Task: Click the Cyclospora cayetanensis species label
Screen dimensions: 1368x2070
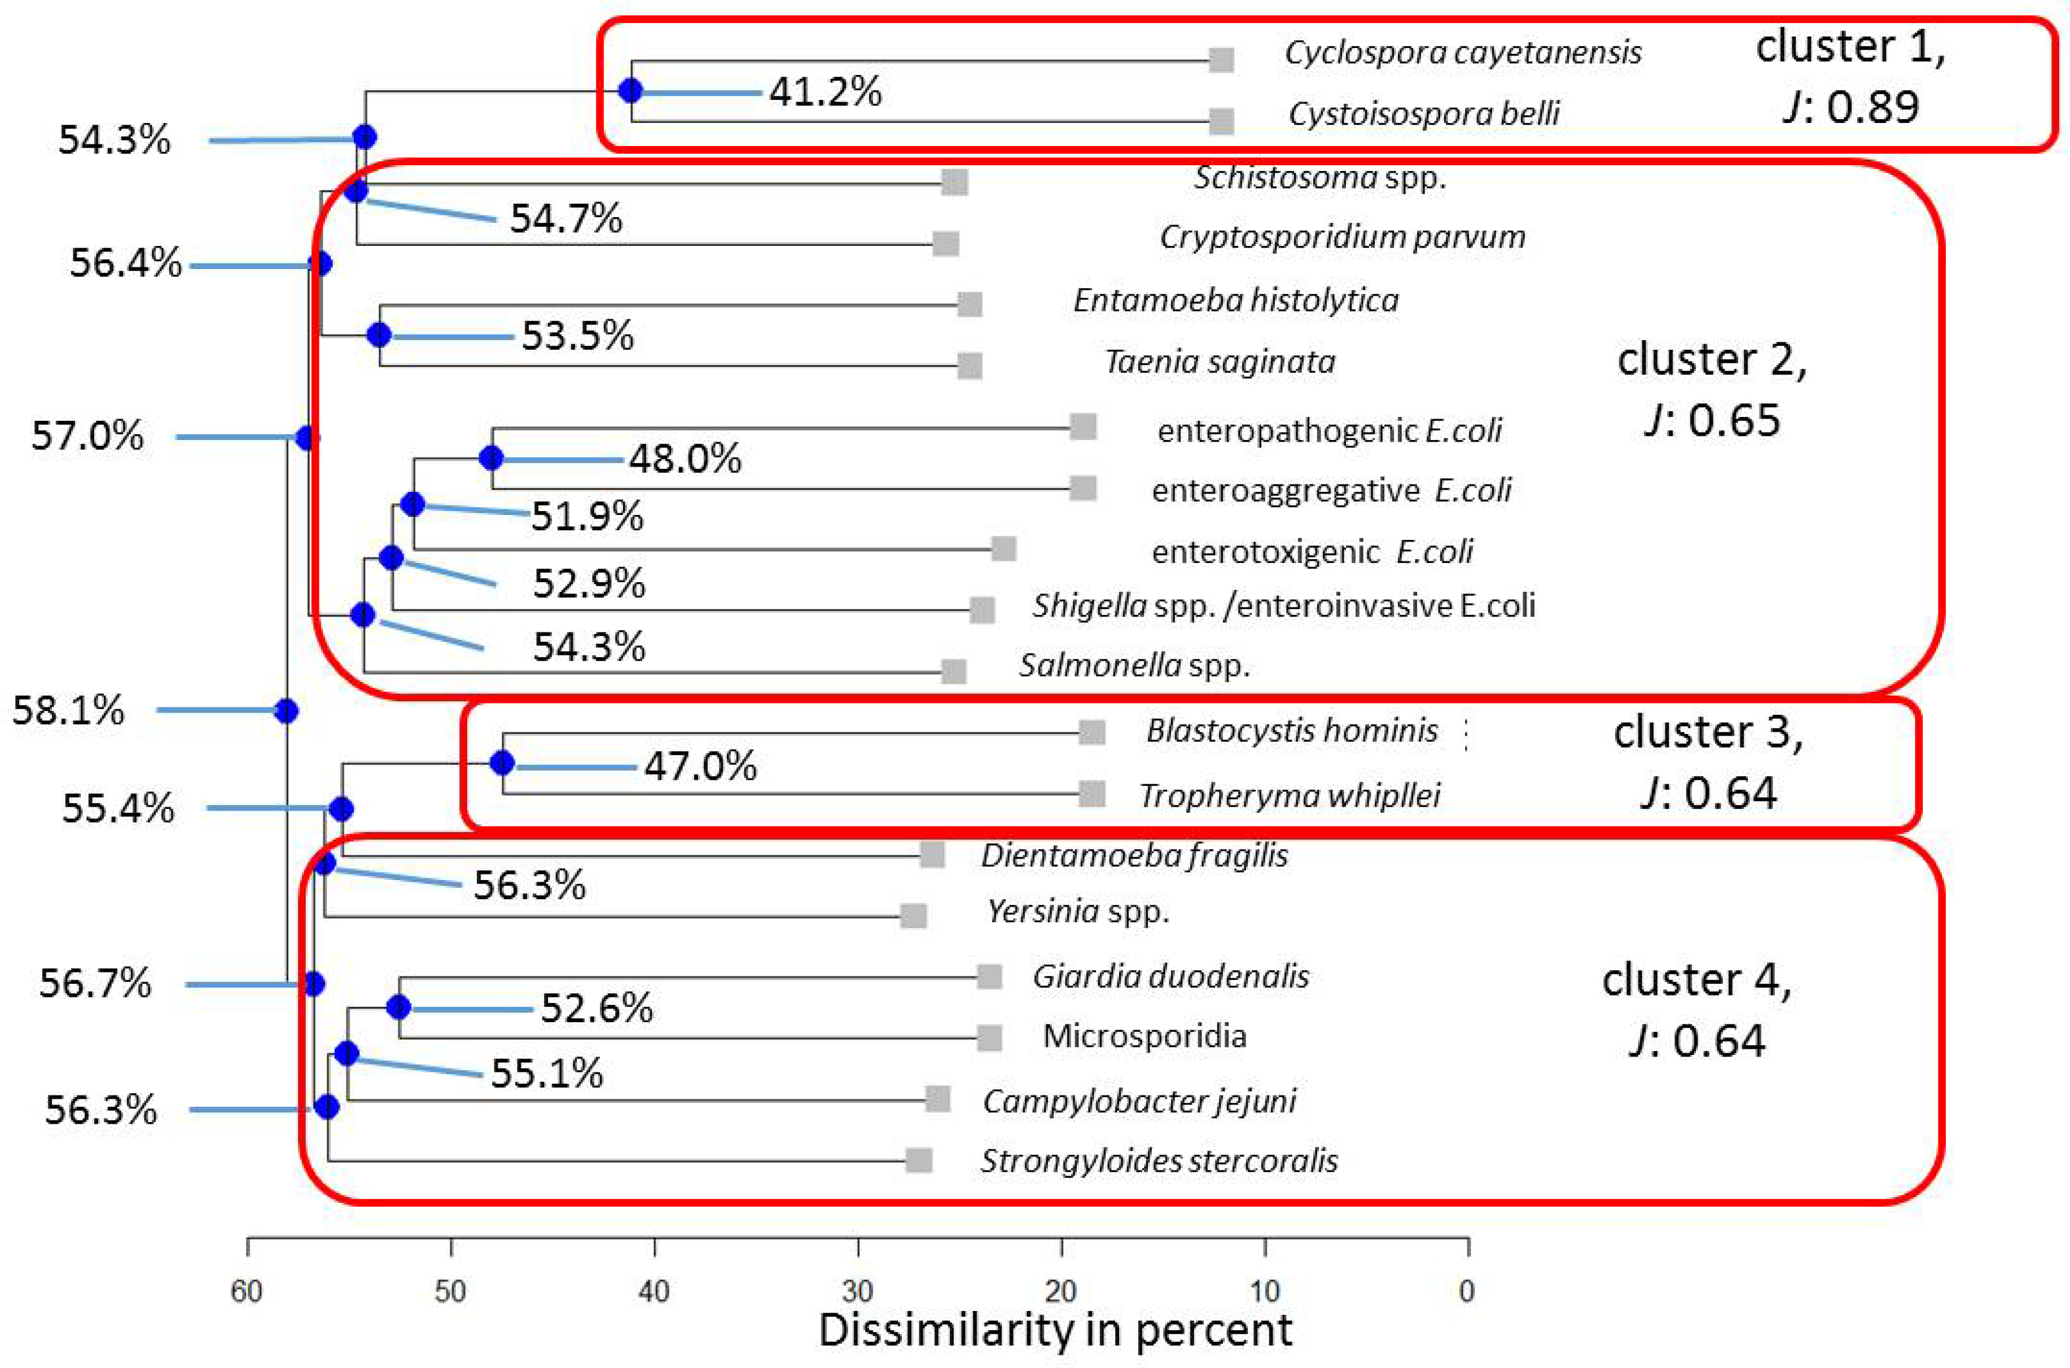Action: pyautogui.click(x=1463, y=53)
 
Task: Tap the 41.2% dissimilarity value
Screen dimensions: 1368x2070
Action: pyautogui.click(x=825, y=91)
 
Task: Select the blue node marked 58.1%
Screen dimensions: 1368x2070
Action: pyautogui.click(x=286, y=711)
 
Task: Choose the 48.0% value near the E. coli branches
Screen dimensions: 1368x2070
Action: pyautogui.click(x=685, y=459)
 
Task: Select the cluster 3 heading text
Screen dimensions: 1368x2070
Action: pyautogui.click(x=1707, y=732)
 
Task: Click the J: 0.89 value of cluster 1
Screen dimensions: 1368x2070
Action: pyautogui.click(x=1850, y=107)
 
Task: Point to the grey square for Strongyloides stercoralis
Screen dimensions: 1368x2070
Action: pyautogui.click(x=919, y=1160)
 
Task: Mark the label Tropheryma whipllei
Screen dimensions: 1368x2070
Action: pyautogui.click(x=1290, y=795)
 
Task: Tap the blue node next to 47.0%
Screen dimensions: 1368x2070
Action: pyautogui.click(x=502, y=763)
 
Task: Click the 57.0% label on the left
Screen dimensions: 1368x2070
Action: pyautogui.click(x=87, y=436)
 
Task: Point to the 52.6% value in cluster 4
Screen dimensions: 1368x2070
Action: pyautogui.click(x=596, y=1009)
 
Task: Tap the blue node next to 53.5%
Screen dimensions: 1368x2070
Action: pyautogui.click(x=379, y=335)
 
